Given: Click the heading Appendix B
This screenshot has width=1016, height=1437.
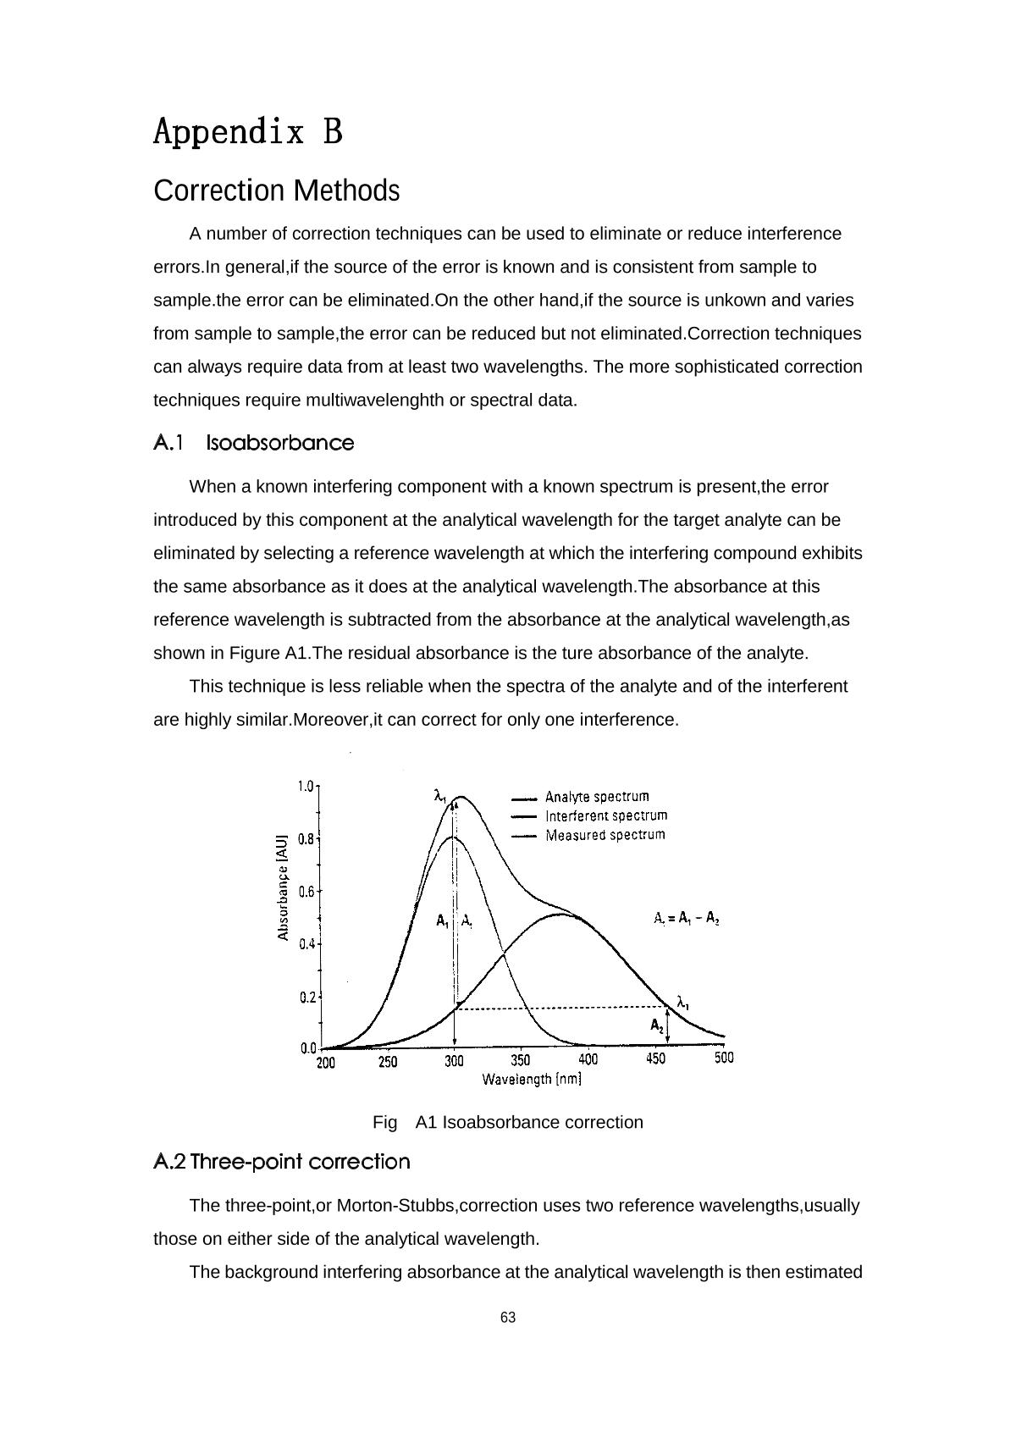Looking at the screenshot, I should [x=248, y=132].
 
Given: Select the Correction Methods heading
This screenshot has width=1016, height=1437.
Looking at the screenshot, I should [x=276, y=191].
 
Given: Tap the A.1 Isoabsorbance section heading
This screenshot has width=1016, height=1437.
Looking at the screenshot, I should [x=254, y=443].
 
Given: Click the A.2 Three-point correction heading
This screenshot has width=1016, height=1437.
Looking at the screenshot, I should [x=282, y=1162].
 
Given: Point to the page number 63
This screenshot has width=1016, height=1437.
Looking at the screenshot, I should [x=508, y=1318].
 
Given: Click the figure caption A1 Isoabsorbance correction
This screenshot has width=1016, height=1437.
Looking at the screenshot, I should [x=508, y=1123].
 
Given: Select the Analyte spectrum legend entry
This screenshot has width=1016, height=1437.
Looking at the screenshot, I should [x=596, y=797].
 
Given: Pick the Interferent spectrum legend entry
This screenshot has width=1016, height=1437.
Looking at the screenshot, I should [x=605, y=815].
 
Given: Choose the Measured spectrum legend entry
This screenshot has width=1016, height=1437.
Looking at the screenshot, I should [x=605, y=835].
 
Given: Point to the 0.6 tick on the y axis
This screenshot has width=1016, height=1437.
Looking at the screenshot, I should [x=306, y=892].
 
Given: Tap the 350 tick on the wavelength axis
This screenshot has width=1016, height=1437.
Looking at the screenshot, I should [x=521, y=1060].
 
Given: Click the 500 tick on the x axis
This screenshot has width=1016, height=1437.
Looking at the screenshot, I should [x=724, y=1058].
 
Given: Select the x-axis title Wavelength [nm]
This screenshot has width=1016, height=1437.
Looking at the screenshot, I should [x=532, y=1079].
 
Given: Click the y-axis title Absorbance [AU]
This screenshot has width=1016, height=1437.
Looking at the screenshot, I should [x=284, y=887].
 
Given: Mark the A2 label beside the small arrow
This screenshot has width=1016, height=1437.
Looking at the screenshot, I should [x=657, y=1025].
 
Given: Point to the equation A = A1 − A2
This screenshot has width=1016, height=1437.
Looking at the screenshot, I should [x=687, y=918].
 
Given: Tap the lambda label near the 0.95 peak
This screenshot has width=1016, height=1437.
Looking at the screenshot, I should [x=439, y=796].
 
